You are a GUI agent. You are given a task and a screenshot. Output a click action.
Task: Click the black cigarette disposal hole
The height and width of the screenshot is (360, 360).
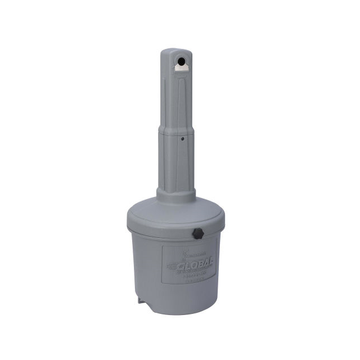point(182,60)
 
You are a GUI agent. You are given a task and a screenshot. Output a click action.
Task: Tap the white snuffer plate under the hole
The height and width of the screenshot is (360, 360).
point(181,67)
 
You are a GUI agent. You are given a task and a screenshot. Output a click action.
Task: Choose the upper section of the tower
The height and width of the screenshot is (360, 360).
point(177,96)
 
